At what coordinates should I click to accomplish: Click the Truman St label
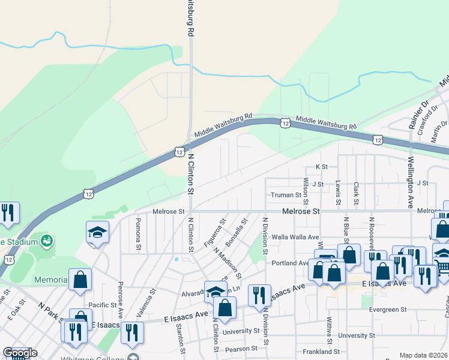285,195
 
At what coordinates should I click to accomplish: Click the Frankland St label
322,352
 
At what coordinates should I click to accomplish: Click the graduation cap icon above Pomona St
97,232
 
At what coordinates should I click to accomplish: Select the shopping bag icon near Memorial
80,280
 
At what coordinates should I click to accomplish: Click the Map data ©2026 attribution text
424,355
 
